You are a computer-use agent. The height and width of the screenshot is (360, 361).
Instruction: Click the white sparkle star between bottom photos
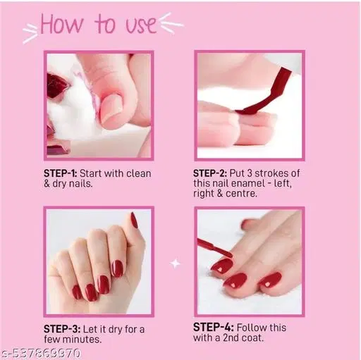176,263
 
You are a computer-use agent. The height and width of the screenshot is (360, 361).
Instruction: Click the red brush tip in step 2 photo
248,110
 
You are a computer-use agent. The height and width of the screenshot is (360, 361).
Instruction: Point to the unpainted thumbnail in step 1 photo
111,109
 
